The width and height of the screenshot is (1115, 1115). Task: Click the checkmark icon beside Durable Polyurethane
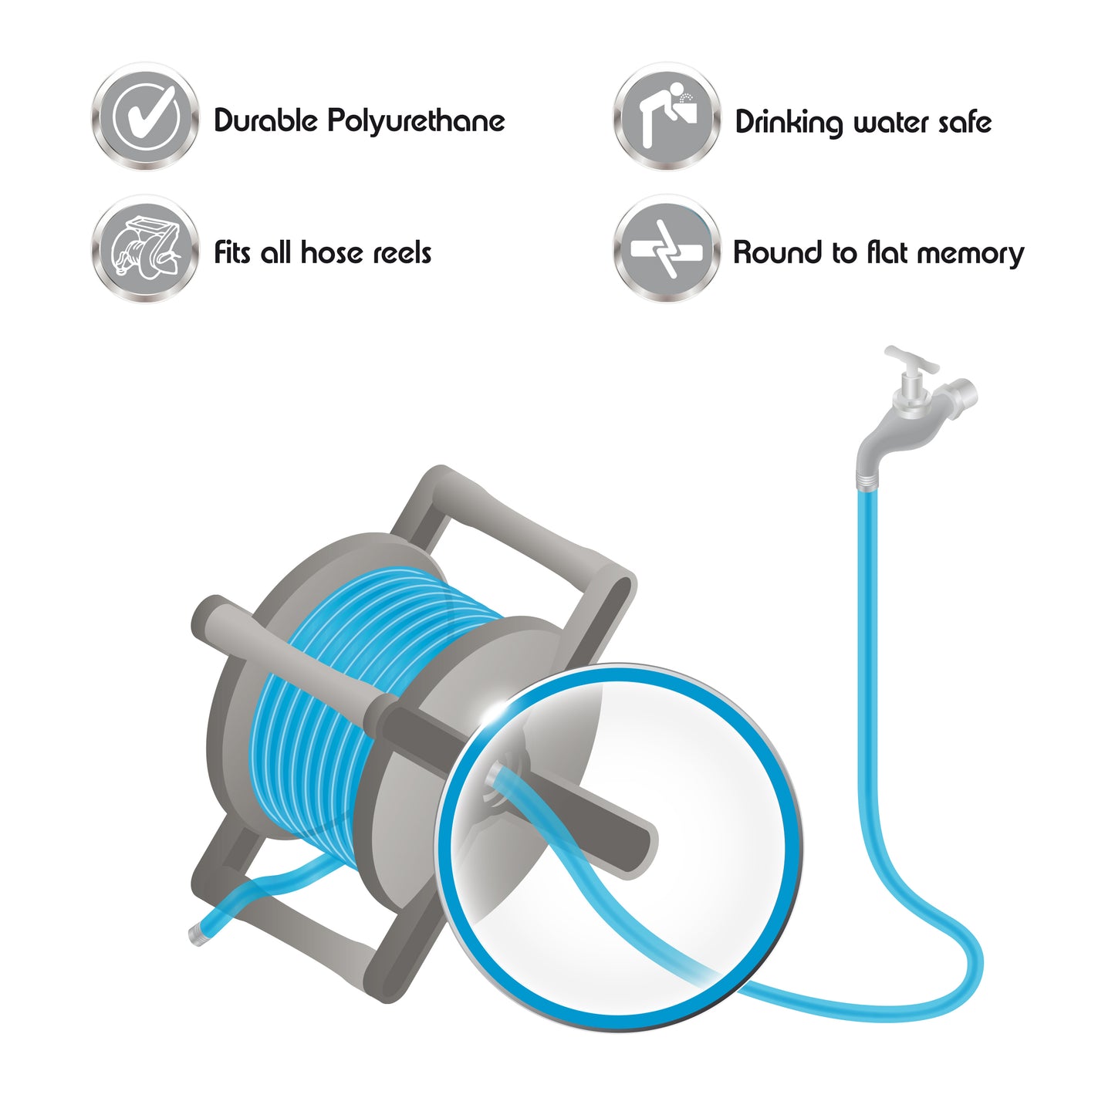(x=145, y=117)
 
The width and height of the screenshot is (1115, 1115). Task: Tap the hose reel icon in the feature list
(x=145, y=249)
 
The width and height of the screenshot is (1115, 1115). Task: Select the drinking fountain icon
(x=667, y=117)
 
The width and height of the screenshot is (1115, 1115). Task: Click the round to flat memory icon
(x=667, y=249)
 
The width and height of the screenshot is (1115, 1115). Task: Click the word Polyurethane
(x=416, y=121)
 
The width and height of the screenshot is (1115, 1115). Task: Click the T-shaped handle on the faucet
(x=911, y=360)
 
